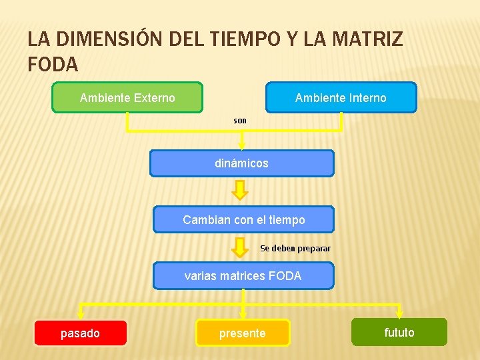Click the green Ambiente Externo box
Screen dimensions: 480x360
pos(127,97)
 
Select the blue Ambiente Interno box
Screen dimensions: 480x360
pos(341,97)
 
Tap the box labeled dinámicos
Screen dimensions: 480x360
pos(241,163)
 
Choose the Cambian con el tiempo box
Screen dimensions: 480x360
pos(243,219)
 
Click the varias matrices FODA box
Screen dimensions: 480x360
pos(243,275)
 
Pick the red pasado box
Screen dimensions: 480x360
pos(80,333)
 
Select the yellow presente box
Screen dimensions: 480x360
pos(243,333)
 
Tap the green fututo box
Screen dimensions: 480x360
pos(399,332)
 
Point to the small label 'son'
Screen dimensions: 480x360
pos(240,121)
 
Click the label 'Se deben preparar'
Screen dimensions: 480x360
pos(295,249)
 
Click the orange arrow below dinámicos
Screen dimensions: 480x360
pos(240,191)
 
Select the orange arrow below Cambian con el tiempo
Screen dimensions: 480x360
pos(240,247)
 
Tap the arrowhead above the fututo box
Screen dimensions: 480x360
pos(399,313)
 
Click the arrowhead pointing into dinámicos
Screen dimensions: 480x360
pos(241,145)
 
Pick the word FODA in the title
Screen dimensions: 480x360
pos(53,65)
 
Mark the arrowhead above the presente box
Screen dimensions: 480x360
pos(243,313)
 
